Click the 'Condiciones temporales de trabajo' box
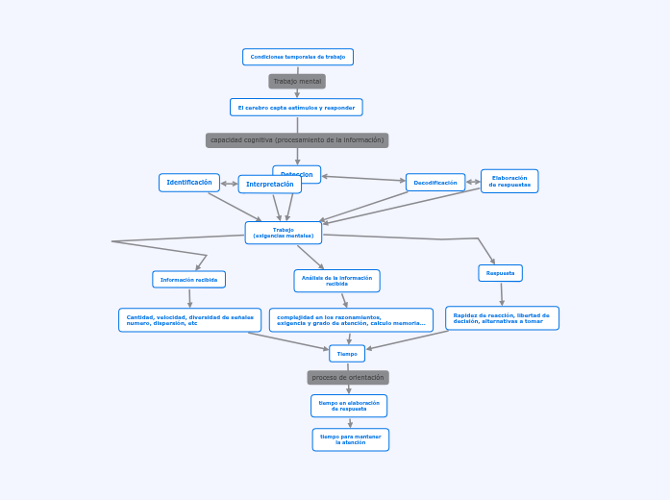coord(298,57)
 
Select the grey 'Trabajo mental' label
coord(297,82)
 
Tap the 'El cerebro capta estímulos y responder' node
coord(296,108)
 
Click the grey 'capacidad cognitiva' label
coord(297,140)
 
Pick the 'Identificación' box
coord(189,183)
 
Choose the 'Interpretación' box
coord(270,185)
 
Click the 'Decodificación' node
coord(435,183)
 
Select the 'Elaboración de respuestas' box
coord(509,181)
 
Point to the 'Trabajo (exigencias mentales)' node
coord(284,233)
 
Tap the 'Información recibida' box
coord(189,280)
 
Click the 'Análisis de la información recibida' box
coord(336,281)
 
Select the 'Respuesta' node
coord(500,273)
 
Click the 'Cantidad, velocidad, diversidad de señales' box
coord(190,320)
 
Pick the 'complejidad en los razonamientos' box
coord(351,320)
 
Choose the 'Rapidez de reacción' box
coord(502,318)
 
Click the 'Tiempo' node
coord(347,354)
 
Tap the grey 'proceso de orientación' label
coord(348,378)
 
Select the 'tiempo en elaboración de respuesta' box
coord(349,406)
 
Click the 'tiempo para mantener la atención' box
coord(351,439)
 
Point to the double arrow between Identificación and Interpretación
coord(230,184)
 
